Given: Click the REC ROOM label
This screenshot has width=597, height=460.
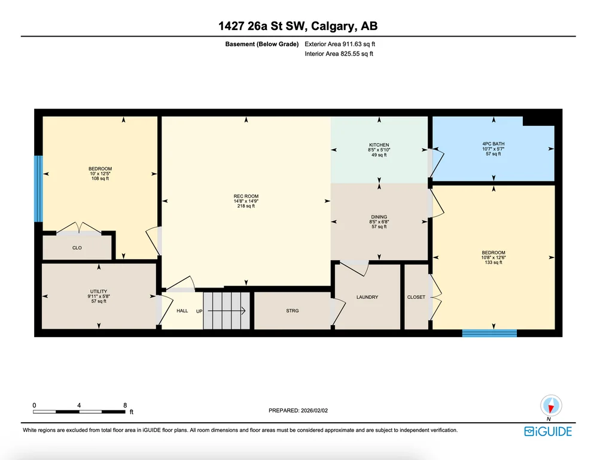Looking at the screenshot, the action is [246, 196].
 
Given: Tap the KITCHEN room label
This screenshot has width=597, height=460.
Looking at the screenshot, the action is [379, 145].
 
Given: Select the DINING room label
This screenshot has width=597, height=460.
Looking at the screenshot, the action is [379, 217].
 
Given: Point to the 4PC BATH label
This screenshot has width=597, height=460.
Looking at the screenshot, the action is [493, 144].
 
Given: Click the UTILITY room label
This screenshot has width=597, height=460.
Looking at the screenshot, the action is [99, 292].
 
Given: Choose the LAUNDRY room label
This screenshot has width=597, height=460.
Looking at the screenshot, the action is [367, 297].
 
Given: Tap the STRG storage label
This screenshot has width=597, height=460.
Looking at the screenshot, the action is [293, 311].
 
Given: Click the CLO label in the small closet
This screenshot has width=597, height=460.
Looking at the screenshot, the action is [77, 248].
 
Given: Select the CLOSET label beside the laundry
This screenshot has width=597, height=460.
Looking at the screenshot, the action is [416, 297].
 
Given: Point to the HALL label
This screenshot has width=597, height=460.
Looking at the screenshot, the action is [182, 311].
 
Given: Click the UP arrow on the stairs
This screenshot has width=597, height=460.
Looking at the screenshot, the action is [227, 311].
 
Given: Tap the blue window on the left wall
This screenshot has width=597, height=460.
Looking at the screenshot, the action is [38, 189].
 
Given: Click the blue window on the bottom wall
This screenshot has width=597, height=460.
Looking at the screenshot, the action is [490, 334].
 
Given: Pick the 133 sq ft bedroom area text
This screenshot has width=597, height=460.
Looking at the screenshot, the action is [494, 262].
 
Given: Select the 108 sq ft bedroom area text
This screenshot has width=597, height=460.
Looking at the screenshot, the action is [100, 178].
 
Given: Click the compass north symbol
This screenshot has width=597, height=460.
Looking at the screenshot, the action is [551, 406].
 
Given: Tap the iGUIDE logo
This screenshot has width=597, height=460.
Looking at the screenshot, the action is [548, 431].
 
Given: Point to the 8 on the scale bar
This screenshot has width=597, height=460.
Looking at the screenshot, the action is [125, 405].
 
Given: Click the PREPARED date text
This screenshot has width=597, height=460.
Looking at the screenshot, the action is [298, 410].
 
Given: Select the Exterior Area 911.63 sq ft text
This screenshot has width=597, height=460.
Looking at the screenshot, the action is [340, 44].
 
